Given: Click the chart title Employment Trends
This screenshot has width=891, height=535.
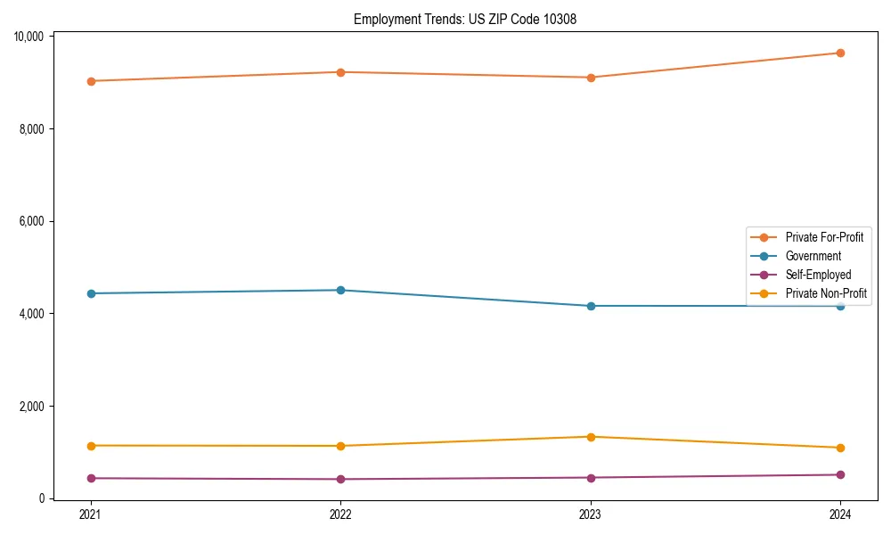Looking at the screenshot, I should (465, 19).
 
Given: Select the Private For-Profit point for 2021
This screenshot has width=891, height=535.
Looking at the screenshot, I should (90, 81).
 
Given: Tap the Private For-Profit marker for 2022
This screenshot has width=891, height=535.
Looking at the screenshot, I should (340, 72).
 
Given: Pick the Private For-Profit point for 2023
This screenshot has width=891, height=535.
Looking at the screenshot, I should (591, 78).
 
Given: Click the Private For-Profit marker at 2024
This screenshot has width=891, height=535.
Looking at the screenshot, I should (840, 53).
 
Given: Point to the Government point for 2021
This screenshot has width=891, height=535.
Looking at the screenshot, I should (90, 293).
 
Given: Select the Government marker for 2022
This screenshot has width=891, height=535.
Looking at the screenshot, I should (340, 290).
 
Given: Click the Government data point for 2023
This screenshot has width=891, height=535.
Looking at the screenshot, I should (591, 306).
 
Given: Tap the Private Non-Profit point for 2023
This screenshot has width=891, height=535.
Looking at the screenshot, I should (591, 437).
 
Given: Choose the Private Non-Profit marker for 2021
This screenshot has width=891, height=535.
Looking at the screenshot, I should (90, 446).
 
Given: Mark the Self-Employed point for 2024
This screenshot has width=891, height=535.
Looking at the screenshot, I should (840, 474).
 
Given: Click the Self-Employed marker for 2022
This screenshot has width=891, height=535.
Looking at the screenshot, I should (340, 479).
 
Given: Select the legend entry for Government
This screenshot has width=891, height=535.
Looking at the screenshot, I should (813, 256).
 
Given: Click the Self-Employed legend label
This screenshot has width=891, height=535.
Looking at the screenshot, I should (818, 275).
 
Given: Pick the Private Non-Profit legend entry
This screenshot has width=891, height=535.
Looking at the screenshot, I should (826, 293).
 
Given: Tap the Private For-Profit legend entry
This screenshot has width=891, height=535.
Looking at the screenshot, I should (823, 237).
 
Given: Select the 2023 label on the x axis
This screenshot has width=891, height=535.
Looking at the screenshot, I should (591, 514).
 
